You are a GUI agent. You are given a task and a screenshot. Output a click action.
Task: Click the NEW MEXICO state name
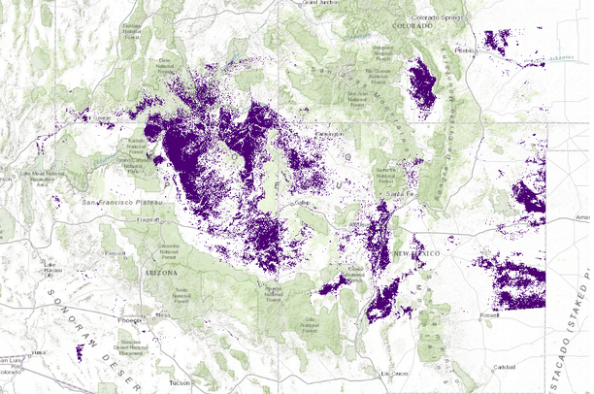tap(417, 253)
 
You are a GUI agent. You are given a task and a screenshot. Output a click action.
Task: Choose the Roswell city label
tap(490, 316)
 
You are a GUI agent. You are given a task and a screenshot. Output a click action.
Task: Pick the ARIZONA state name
tap(160, 275)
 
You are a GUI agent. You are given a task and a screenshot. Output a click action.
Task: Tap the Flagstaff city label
tap(148, 220)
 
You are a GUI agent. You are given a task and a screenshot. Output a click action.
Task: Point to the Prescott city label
tap(115, 253)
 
